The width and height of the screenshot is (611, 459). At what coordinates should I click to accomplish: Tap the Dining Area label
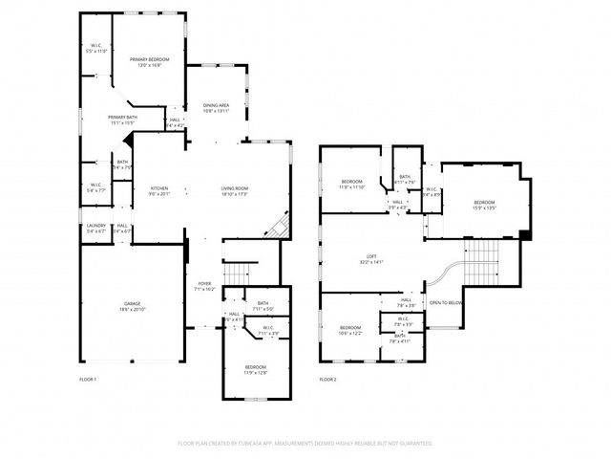tap(215, 108)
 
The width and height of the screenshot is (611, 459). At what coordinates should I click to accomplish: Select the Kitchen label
tap(158, 190)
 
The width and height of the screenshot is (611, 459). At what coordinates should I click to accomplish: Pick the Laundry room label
tap(96, 229)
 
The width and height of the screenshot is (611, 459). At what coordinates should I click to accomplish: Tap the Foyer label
tap(204, 285)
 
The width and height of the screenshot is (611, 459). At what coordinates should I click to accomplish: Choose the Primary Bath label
tap(121, 120)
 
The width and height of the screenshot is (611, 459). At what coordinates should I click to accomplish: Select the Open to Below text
tap(446, 303)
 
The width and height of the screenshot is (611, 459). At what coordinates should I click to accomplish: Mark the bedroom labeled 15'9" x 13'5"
tap(484, 204)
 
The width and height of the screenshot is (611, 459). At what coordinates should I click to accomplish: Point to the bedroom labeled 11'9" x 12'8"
tap(255, 369)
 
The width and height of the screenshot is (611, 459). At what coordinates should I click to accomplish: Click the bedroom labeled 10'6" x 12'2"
tap(350, 331)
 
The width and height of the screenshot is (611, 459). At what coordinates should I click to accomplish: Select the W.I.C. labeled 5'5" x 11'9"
tap(96, 47)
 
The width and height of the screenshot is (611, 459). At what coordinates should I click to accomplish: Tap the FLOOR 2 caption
tap(327, 380)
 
